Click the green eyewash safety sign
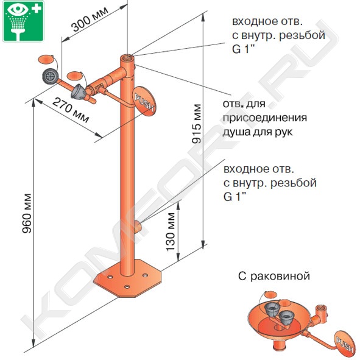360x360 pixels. pyautogui.click(x=23, y=21)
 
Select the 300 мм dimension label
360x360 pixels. pyautogui.click(x=90, y=19)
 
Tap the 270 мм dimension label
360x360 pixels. pyautogui.click(x=71, y=110)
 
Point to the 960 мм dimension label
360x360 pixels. pyautogui.click(x=27, y=213)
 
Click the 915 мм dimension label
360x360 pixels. pyautogui.click(x=197, y=124)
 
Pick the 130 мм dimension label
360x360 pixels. pyautogui.click(x=171, y=231)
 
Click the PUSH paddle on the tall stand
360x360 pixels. pyautogui.click(x=144, y=101)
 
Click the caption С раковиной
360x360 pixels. pyautogui.click(x=274, y=276)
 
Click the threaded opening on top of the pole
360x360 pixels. pyautogui.click(x=127, y=57)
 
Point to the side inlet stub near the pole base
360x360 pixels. pyautogui.click(x=138, y=226)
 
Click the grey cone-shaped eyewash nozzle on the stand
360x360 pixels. pyautogui.click(x=79, y=91)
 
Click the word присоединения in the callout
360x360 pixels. pyautogui.click(x=265, y=118)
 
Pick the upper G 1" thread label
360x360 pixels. pyautogui.click(x=244, y=49)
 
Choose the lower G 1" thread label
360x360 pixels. pyautogui.click(x=235, y=197)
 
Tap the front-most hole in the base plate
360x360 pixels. pyautogui.click(x=127, y=287)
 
